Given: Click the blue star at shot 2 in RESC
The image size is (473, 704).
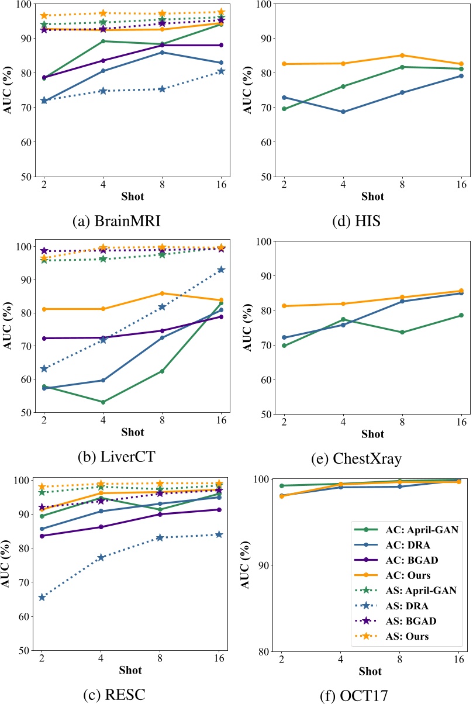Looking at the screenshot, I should [x=42, y=597].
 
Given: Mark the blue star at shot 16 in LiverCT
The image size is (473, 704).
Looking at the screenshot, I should [x=221, y=270].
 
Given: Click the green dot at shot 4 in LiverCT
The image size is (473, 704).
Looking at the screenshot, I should [x=103, y=402].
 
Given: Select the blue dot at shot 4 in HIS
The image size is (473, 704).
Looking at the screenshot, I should [x=343, y=112].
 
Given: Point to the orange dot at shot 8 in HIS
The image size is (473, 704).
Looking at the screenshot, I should [x=402, y=56].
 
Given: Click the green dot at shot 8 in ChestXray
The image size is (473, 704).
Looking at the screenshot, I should [x=402, y=332].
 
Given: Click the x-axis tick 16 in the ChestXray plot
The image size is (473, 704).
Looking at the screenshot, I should [x=461, y=423].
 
